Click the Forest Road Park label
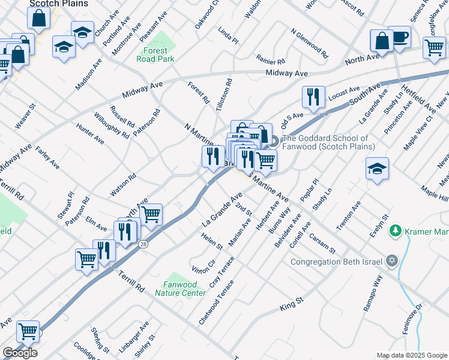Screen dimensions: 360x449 [x=155, y=55]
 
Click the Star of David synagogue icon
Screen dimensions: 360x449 [x=393, y=261]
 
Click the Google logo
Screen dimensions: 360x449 [x=20, y=352]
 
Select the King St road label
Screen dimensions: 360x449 [x=292, y=308]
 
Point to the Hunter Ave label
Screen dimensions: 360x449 [x=90, y=134]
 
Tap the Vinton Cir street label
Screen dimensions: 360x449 [x=203, y=258]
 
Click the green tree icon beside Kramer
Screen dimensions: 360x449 [x=395, y=230]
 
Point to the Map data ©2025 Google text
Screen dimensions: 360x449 [x=412, y=355]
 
